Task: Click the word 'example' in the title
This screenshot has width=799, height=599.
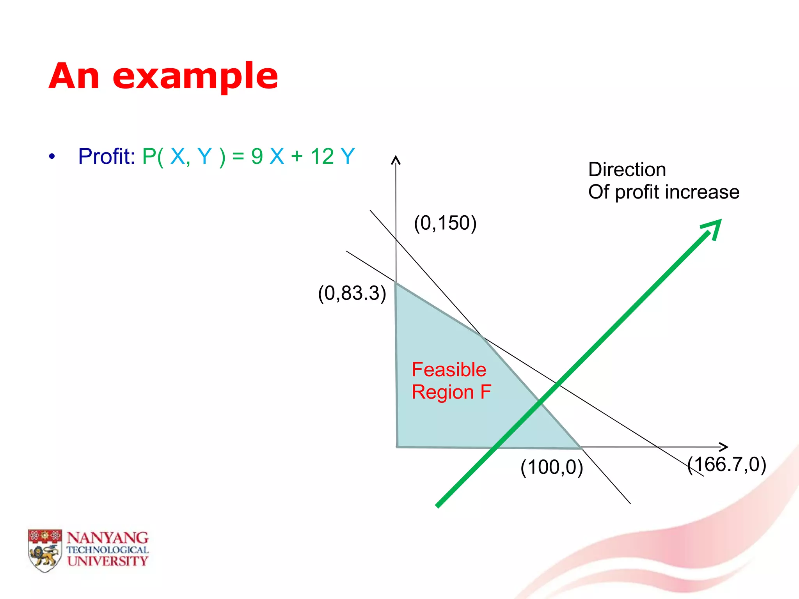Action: click(195, 77)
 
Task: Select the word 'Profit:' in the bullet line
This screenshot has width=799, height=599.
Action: click(107, 156)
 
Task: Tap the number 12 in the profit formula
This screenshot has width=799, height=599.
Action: click(322, 156)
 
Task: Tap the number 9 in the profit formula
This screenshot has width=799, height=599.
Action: click(257, 156)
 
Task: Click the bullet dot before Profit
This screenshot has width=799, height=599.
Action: click(52, 157)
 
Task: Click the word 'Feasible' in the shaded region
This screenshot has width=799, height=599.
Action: click(449, 369)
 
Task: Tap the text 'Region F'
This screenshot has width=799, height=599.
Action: click(451, 392)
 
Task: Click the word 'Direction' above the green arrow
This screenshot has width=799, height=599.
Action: click(627, 170)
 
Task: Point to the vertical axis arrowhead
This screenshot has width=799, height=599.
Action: click(396, 159)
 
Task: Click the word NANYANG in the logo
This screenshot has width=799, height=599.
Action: click(107, 538)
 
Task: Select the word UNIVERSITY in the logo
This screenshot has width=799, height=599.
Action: click(107, 561)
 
